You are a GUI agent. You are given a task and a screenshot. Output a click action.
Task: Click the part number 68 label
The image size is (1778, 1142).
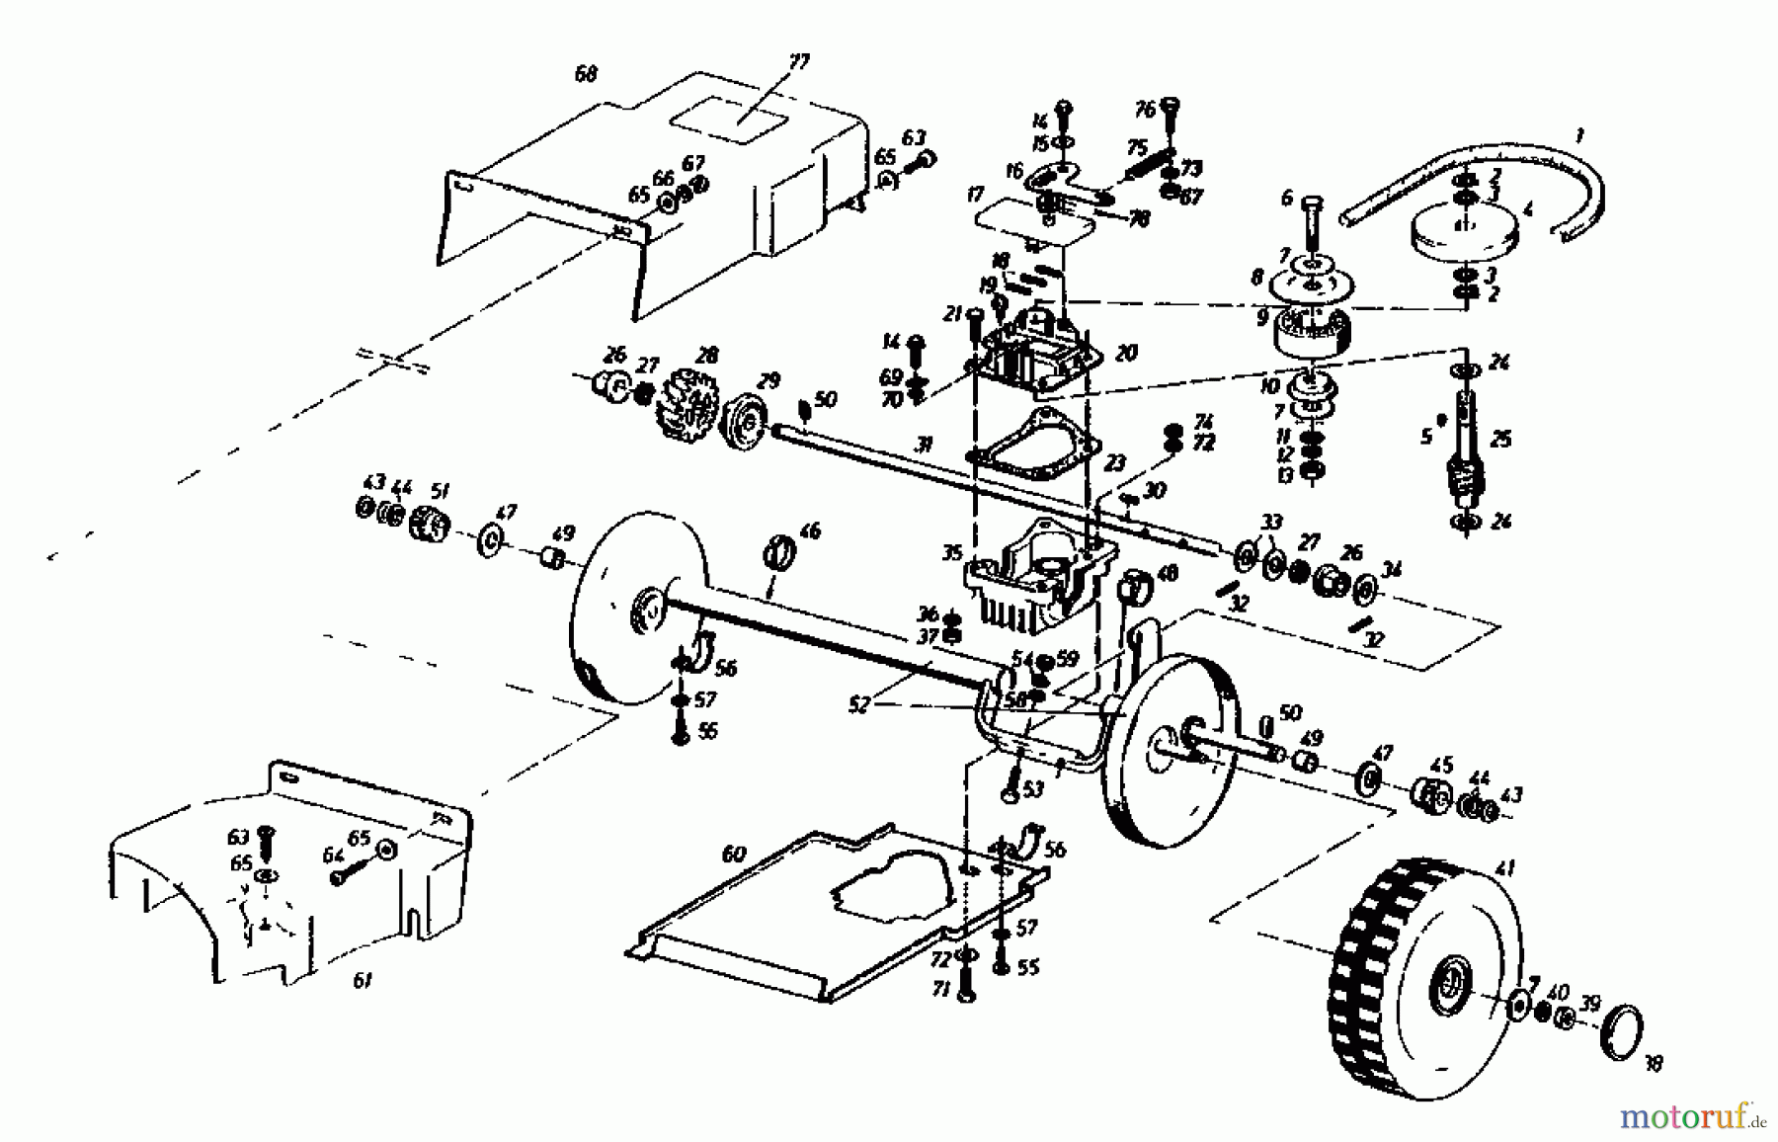pyautogui.click(x=586, y=74)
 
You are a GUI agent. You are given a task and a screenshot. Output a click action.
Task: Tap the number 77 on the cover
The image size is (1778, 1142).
pyautogui.click(x=798, y=62)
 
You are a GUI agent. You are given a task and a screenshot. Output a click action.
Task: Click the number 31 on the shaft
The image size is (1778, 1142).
pyautogui.click(x=924, y=446)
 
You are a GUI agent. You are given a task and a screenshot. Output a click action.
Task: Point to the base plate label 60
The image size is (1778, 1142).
pyautogui.click(x=734, y=855)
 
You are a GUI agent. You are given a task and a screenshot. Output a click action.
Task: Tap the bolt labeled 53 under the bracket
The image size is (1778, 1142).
pyautogui.click(x=1012, y=787)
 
